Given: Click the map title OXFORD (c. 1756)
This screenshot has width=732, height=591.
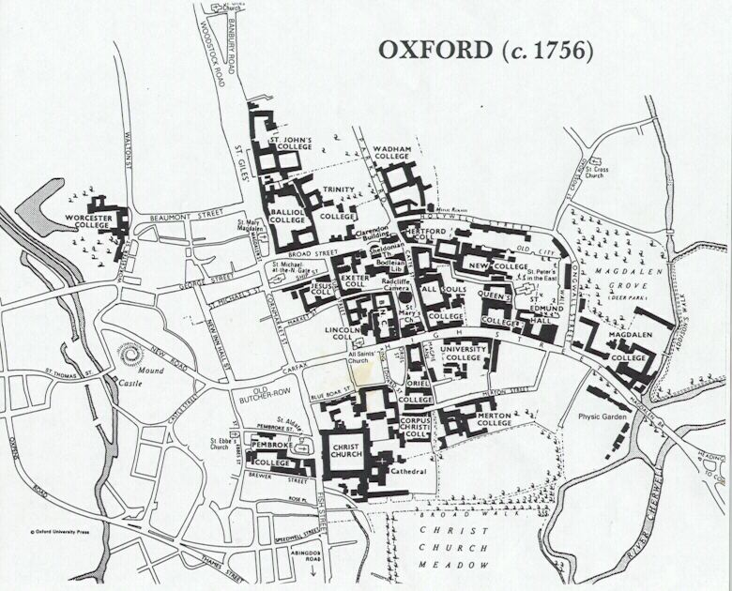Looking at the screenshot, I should (485, 51).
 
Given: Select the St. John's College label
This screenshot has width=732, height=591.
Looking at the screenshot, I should (291, 147).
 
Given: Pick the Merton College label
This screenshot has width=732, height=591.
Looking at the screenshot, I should (494, 417).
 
